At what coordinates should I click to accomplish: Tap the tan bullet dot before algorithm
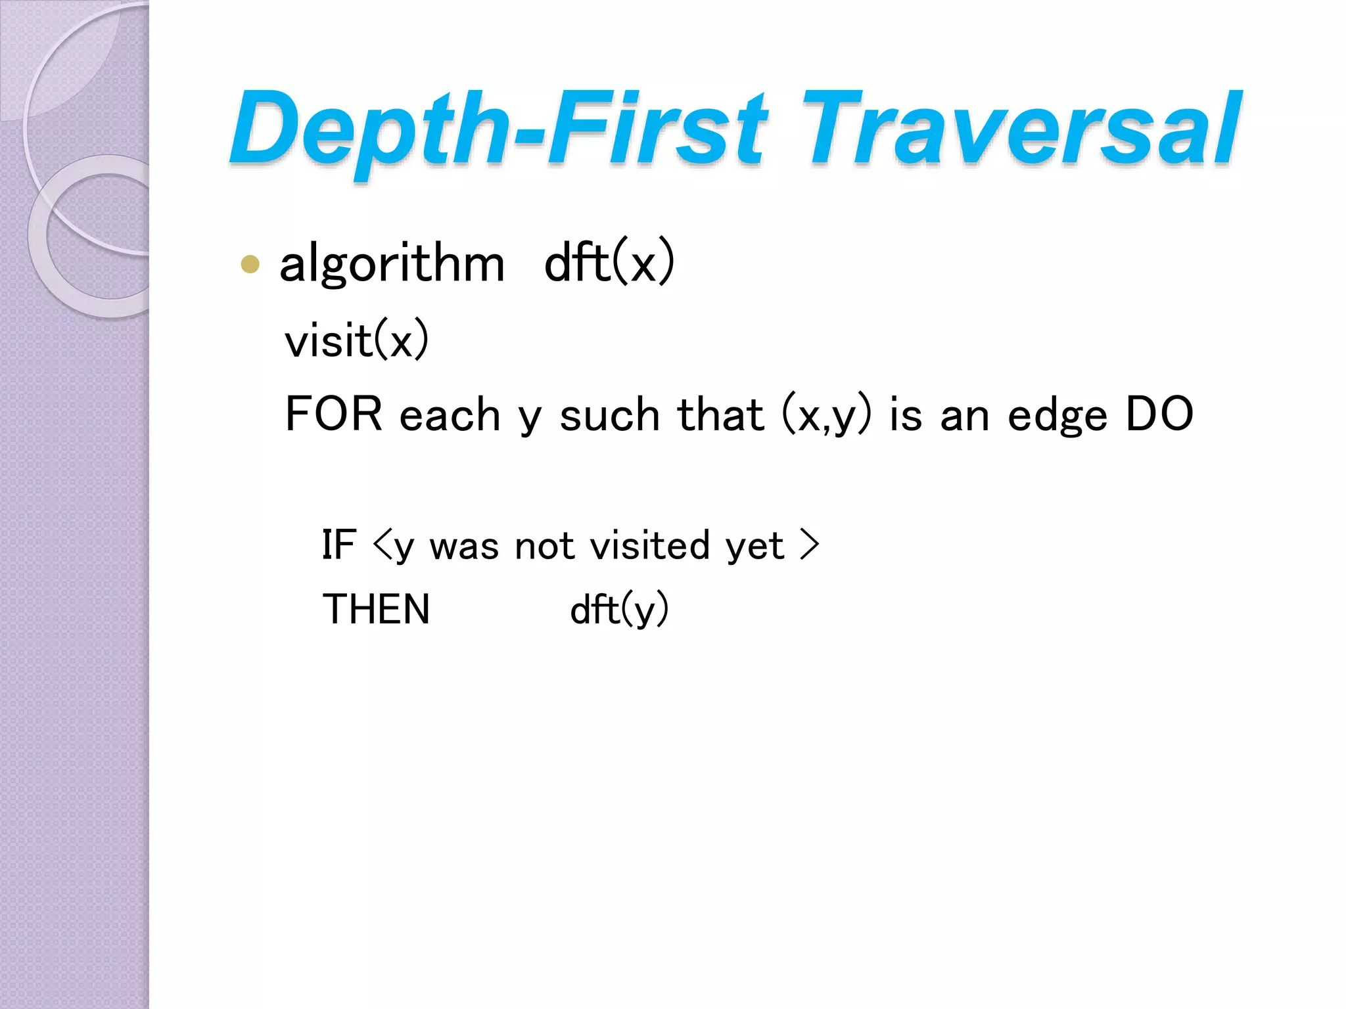point(250,264)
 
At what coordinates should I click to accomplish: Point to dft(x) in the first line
point(609,263)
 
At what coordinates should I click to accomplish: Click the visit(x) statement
point(356,340)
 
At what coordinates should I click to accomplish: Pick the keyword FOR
point(333,414)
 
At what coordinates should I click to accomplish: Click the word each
point(450,416)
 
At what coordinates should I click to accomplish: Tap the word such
point(609,416)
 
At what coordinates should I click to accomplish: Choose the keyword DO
point(1159,414)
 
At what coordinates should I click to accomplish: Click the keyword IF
point(339,545)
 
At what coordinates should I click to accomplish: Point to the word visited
point(650,545)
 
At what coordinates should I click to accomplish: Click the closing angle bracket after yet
point(810,545)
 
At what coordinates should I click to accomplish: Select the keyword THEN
point(376,609)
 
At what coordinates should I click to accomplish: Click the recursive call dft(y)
point(619,610)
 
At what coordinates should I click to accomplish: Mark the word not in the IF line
point(545,546)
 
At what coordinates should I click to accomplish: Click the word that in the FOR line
point(720,415)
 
